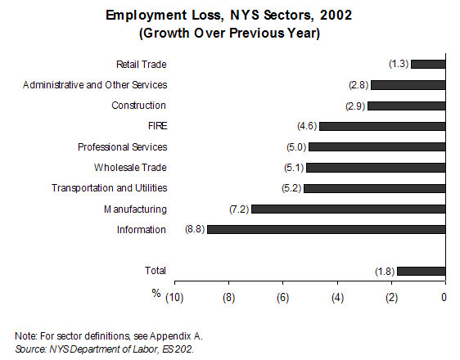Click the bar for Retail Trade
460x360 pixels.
click(x=428, y=64)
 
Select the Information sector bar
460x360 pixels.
click(x=327, y=230)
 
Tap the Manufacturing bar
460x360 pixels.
click(x=349, y=209)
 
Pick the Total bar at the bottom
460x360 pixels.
click(x=422, y=271)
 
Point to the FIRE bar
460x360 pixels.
click(x=382, y=126)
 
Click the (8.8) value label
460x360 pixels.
click(x=195, y=229)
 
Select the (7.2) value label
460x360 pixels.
click(x=239, y=209)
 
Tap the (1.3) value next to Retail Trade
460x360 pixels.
click(x=399, y=64)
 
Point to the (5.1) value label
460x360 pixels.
click(x=294, y=168)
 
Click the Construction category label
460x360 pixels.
click(x=138, y=106)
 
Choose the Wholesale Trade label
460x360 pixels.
click(x=130, y=168)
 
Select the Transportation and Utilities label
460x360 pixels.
click(x=110, y=188)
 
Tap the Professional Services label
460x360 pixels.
click(x=122, y=147)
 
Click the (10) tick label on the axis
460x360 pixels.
click(x=174, y=298)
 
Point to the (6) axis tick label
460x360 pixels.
click(x=283, y=298)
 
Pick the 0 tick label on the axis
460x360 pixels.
click(x=444, y=297)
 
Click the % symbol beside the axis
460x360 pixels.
click(x=156, y=293)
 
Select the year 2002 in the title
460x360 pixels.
click(x=336, y=15)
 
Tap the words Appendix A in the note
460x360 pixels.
click(x=176, y=336)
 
